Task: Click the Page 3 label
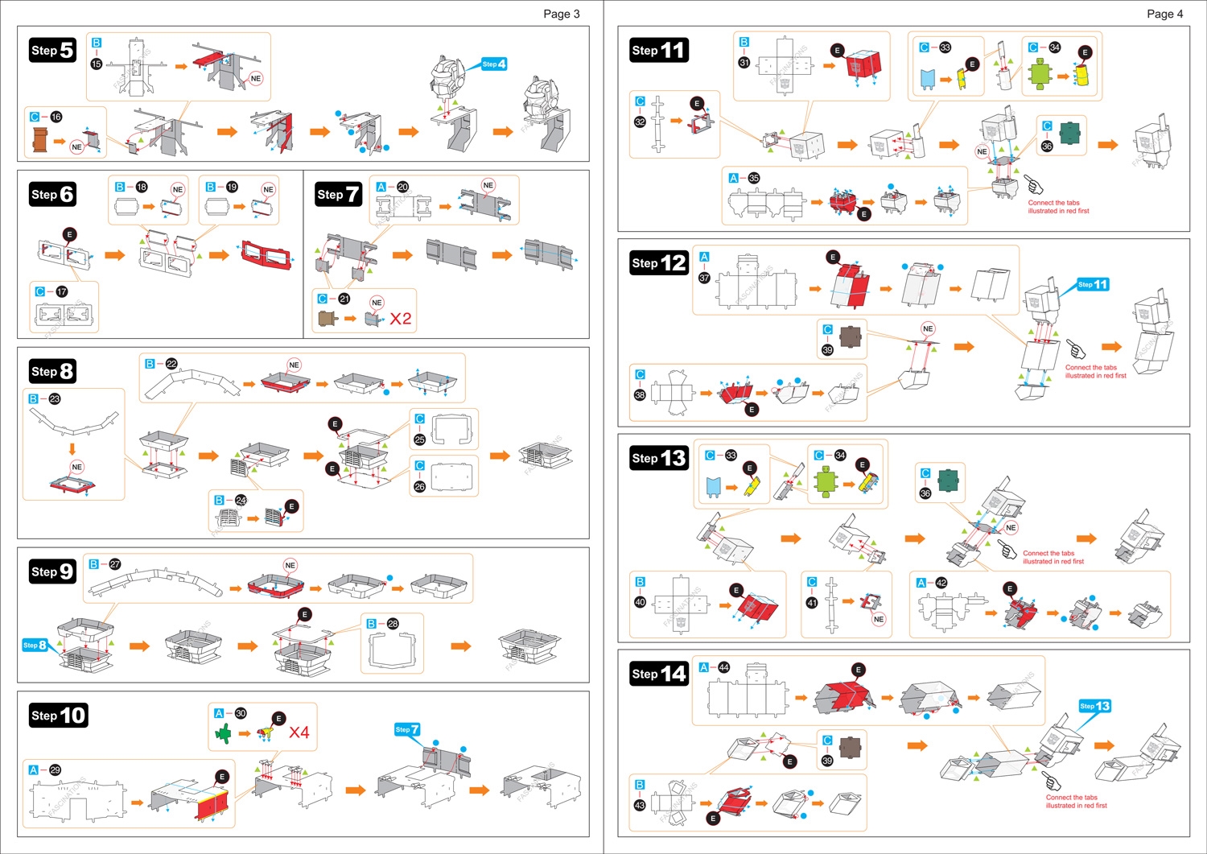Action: click(x=561, y=14)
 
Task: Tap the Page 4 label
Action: click(x=1164, y=14)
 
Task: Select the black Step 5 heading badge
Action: click(x=53, y=51)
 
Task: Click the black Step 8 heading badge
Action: click(x=53, y=371)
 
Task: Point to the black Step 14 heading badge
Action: click(x=659, y=674)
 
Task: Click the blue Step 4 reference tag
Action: click(x=494, y=64)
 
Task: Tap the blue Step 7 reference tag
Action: click(x=407, y=729)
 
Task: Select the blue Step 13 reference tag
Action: click(x=1095, y=706)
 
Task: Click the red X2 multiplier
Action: click(x=401, y=319)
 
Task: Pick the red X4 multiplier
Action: click(x=299, y=732)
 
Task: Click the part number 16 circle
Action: click(x=56, y=117)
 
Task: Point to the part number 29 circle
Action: click(x=55, y=770)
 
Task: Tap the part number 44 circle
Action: click(x=724, y=667)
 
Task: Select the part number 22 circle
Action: click(x=171, y=364)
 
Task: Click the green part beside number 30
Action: click(x=223, y=733)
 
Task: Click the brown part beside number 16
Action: click(x=39, y=140)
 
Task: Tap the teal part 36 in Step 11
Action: click(x=1070, y=133)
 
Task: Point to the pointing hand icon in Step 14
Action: click(x=1052, y=781)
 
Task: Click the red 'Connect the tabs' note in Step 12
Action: click(x=1095, y=371)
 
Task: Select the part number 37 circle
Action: click(x=704, y=278)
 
